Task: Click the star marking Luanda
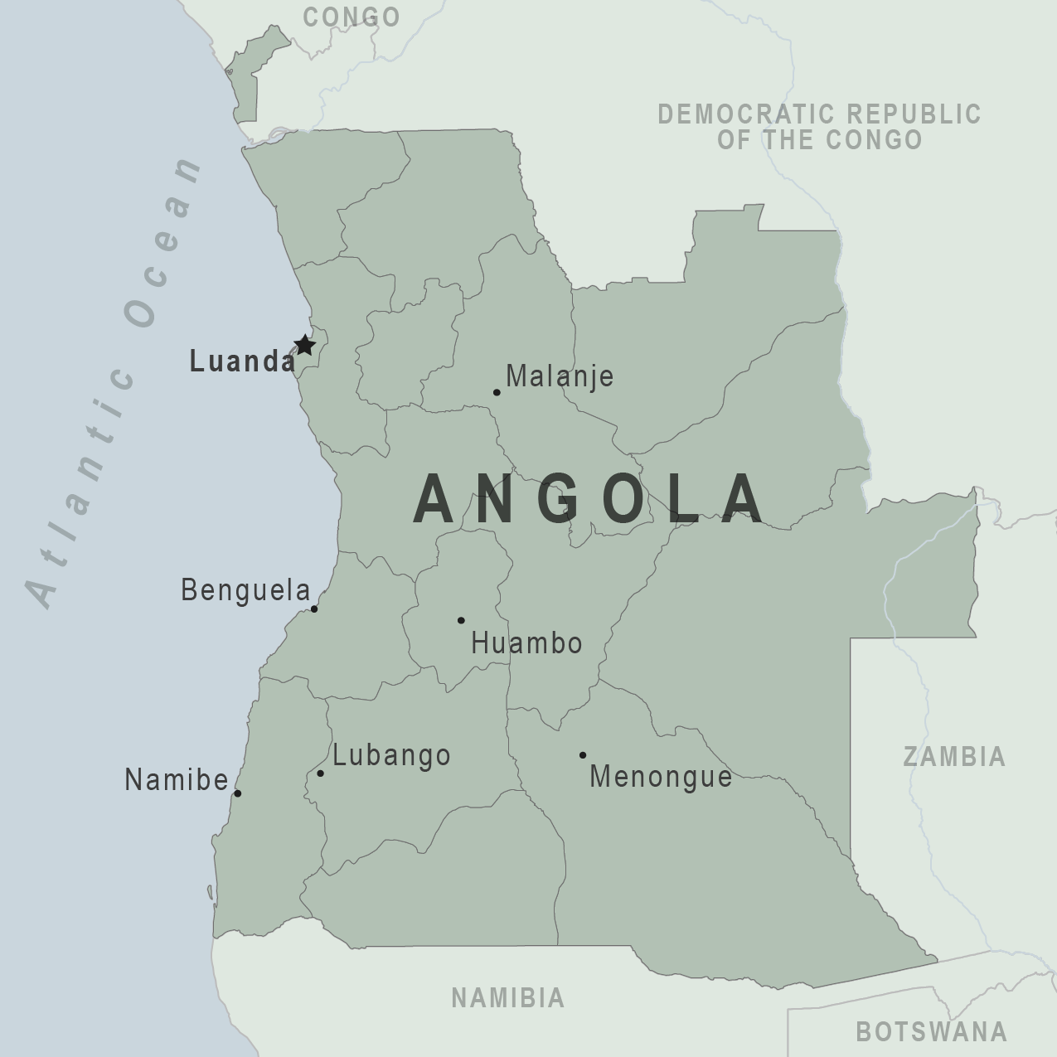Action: [x=305, y=345]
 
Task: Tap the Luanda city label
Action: [x=242, y=361]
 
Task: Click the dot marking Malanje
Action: [x=497, y=392]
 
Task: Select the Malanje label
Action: [x=560, y=376]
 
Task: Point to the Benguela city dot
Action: [x=314, y=609]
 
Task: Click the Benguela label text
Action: [x=245, y=590]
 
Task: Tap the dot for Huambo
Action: [x=461, y=620]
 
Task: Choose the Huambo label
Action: [x=526, y=643]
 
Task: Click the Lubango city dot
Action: [x=320, y=773]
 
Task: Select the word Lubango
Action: [x=391, y=755]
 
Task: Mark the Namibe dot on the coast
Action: [x=237, y=793]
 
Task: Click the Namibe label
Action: [x=176, y=780]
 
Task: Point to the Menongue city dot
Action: [x=583, y=755]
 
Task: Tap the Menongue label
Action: [x=661, y=777]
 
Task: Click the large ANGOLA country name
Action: [x=589, y=500]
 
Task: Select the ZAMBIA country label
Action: [x=954, y=756]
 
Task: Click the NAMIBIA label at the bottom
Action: [x=507, y=997]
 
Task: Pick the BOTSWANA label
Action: [x=932, y=1031]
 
